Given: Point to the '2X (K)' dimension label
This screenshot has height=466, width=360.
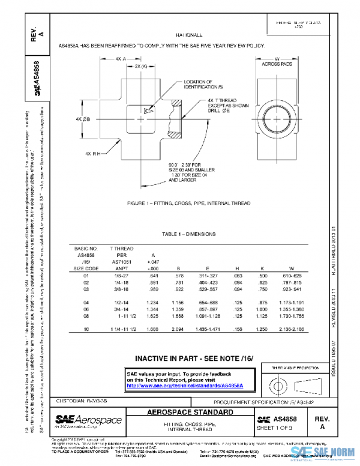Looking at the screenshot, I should tap(141, 66).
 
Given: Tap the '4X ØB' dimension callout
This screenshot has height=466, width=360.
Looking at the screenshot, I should tap(83, 119).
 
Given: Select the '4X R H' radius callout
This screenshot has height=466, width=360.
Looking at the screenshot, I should tap(93, 153).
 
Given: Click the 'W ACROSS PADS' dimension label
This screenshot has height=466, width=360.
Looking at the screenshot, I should tap(277, 61).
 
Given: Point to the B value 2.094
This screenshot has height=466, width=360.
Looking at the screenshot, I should tap(177, 330).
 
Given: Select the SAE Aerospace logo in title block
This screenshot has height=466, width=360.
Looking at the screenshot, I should tap(88, 420).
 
